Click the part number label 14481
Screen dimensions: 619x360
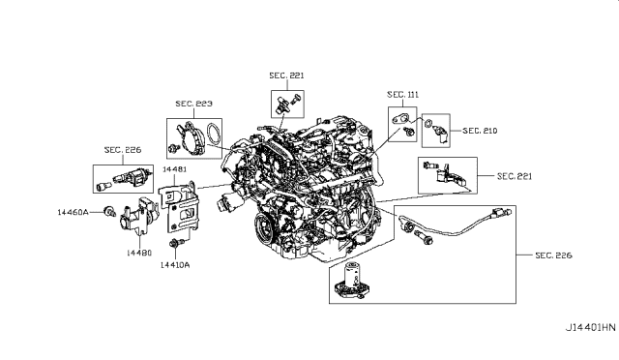pyautogui.click(x=174, y=169)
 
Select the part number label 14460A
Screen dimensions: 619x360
pyautogui.click(x=74, y=212)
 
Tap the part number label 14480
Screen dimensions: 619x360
pyautogui.click(x=139, y=253)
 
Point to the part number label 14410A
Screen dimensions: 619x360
pyautogui.click(x=175, y=265)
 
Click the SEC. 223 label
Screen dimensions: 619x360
pyautogui.click(x=193, y=104)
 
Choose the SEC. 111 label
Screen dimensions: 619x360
pyautogui.click(x=403, y=95)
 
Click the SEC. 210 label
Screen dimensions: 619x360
pyautogui.click(x=480, y=131)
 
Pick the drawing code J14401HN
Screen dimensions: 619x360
pyautogui.click(x=591, y=328)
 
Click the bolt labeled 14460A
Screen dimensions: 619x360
pyautogui.click(x=108, y=211)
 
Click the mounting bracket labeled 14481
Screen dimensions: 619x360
pyautogui.click(x=181, y=205)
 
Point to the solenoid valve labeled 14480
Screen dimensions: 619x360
pyautogui.click(x=138, y=217)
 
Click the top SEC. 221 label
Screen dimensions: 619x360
pyautogui.click(x=286, y=75)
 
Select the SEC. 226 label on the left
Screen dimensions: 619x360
pyautogui.click(x=123, y=150)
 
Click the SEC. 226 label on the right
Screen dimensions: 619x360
pyautogui.click(x=553, y=255)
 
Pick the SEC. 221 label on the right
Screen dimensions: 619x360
pyautogui.click(x=515, y=176)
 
